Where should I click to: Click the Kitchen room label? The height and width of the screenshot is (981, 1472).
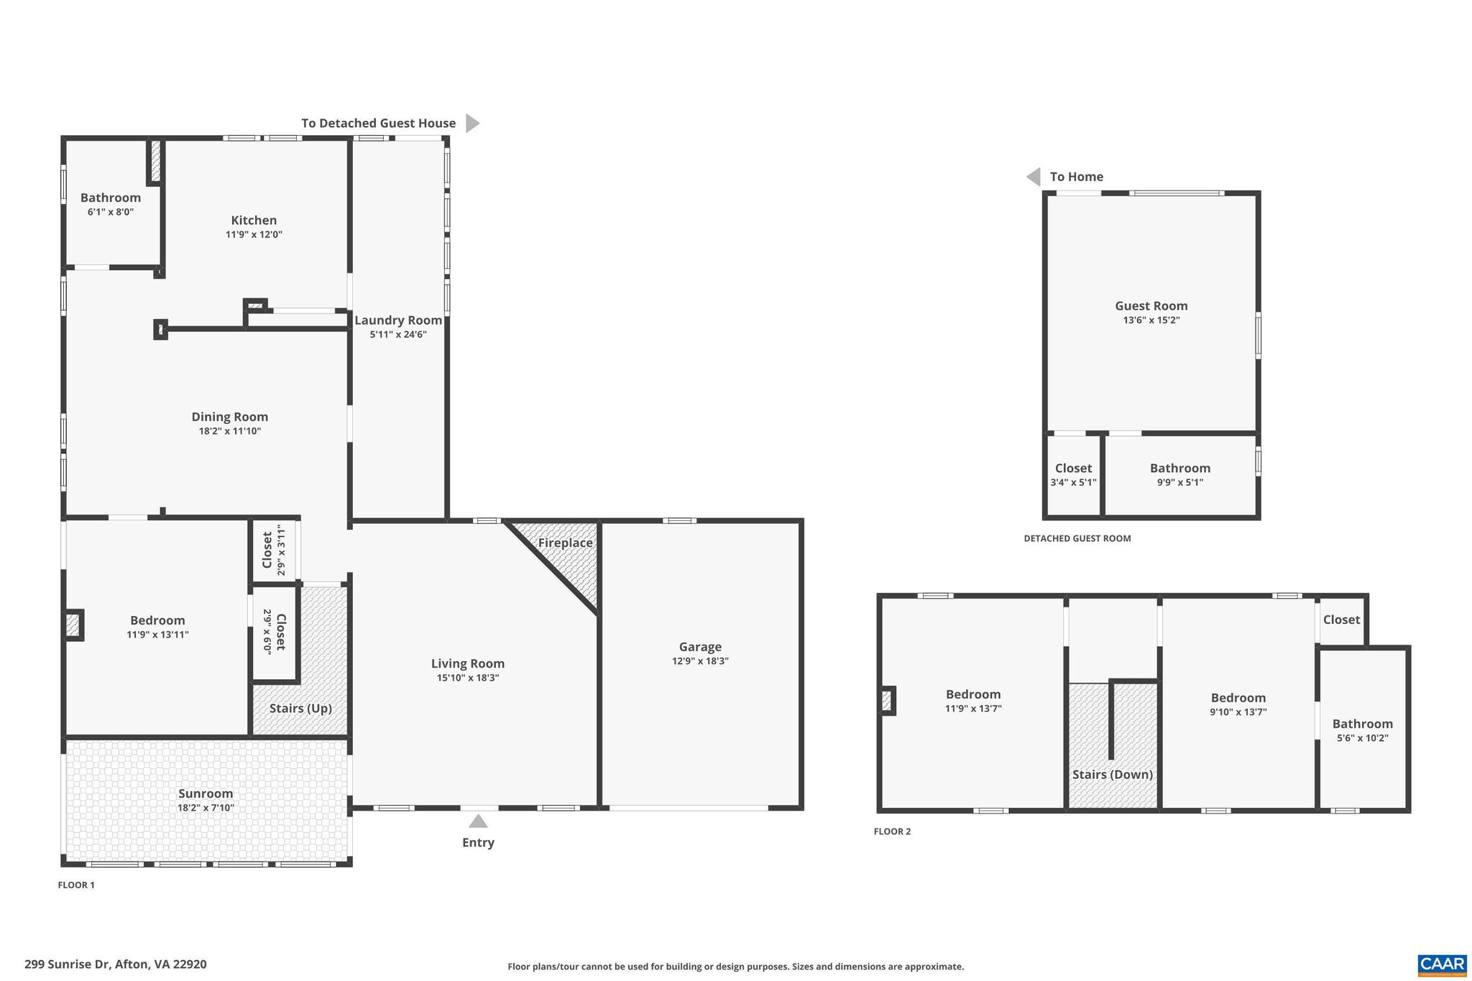point(254,221)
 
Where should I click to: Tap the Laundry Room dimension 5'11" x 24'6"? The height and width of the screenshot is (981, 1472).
point(398,335)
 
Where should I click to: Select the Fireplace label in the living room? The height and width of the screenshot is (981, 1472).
point(566,543)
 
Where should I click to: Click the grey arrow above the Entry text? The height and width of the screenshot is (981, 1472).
point(478,821)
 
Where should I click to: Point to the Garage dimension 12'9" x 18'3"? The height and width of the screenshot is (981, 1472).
point(700,661)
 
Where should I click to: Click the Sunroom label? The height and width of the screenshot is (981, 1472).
point(206,793)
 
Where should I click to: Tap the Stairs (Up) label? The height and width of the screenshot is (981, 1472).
point(300,709)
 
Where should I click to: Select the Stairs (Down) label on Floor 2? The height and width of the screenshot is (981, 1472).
point(1112,775)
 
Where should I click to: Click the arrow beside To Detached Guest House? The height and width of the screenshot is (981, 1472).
point(471,123)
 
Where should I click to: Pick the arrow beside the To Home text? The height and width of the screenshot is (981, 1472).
point(1034,177)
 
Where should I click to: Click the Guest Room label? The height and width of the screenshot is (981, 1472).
point(1151,306)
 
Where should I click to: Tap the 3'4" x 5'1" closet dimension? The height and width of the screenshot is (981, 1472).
point(1073,483)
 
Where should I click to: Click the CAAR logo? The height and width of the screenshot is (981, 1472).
point(1442,964)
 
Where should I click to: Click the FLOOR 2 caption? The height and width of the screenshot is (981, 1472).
point(892,832)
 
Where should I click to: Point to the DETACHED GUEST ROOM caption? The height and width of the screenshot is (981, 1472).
point(1077,538)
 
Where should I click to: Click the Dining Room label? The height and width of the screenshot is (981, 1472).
point(229,417)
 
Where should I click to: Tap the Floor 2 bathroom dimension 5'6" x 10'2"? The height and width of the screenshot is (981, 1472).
point(1362,738)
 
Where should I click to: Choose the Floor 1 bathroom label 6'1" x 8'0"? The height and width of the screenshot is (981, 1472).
point(111,212)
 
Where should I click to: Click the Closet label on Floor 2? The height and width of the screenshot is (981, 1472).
point(1341,620)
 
